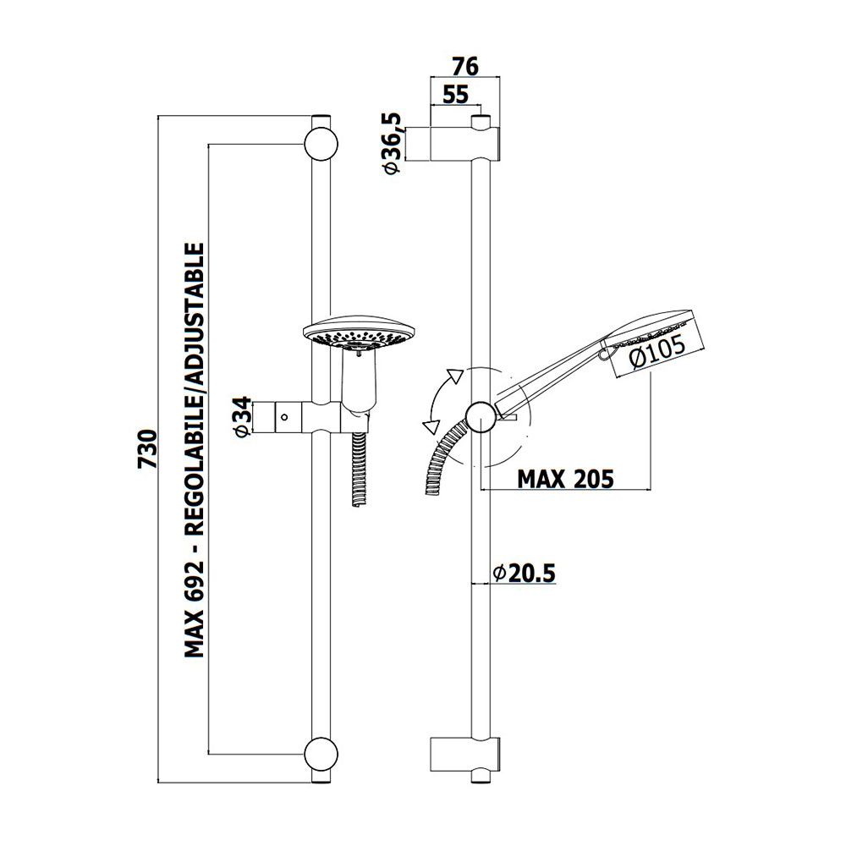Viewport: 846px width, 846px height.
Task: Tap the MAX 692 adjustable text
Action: click(195, 450)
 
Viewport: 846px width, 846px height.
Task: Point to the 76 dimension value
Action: click(465, 66)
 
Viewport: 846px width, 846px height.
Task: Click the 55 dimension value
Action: click(456, 95)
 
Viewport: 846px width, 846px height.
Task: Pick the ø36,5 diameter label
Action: click(392, 144)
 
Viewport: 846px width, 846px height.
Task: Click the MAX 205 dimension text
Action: click(565, 479)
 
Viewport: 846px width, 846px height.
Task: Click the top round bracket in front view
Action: click(321, 144)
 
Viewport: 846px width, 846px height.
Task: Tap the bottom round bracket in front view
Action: click(321, 753)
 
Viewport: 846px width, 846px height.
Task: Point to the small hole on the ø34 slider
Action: click(283, 417)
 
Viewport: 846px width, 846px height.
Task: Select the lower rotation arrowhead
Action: click(430, 426)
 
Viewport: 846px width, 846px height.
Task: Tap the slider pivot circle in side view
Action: click(481, 417)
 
